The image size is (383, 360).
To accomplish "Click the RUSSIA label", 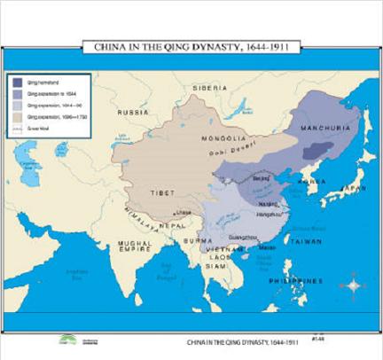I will pyautogui.click(x=132, y=113).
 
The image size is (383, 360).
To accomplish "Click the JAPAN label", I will pyautogui.click(x=354, y=188).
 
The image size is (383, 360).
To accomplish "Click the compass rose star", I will pyautogui.click(x=353, y=286).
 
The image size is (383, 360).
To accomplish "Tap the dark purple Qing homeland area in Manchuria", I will pyautogui.click(x=312, y=152).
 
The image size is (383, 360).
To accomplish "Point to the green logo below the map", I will pyautogui.click(x=67, y=340).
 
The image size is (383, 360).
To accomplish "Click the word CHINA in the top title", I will pyautogui.click(x=107, y=47).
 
